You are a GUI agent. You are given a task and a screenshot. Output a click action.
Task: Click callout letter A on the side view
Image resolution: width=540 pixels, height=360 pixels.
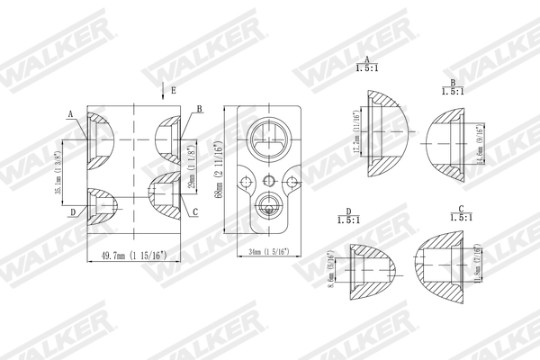(x=70, y=114)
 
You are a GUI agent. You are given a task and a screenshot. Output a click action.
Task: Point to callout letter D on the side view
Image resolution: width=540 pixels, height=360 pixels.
(x=71, y=212)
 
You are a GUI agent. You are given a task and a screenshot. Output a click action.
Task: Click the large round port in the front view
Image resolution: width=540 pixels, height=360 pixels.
(x=269, y=139)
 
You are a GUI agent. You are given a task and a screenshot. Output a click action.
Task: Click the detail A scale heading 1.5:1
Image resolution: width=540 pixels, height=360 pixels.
(x=367, y=67)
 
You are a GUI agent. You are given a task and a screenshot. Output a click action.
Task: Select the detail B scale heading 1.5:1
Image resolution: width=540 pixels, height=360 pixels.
(x=452, y=91)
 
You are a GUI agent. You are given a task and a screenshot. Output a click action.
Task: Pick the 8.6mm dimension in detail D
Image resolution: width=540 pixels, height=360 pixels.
(x=334, y=271)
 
